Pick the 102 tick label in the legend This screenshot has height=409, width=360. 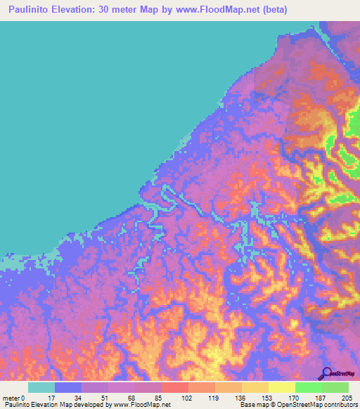click(186, 398)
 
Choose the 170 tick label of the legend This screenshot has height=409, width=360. click(294, 398)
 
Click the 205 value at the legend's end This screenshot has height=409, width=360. click(347, 398)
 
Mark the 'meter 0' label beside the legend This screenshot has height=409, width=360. click(13, 398)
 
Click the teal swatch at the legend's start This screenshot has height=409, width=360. click(41, 387)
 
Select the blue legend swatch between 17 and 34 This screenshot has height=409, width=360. click(68, 387)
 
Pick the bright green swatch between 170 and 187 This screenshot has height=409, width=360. click(308, 387)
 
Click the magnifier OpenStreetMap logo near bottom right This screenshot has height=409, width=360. click(326, 373)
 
